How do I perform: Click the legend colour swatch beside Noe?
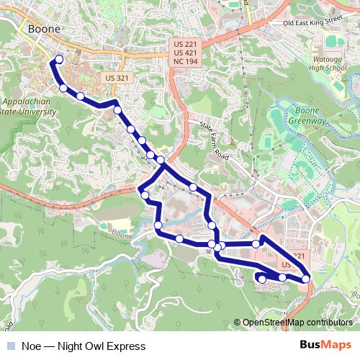pos(11,346)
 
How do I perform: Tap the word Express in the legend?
pos(125,346)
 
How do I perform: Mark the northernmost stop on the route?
pos(59,60)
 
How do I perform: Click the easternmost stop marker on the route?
pos(306,279)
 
